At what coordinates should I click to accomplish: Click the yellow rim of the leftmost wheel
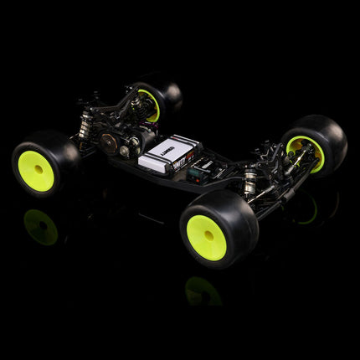[36, 171]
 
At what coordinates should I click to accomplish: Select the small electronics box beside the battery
[199, 173]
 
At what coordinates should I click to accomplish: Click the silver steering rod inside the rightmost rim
[301, 156]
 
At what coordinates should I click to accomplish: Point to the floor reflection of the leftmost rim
[39, 226]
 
